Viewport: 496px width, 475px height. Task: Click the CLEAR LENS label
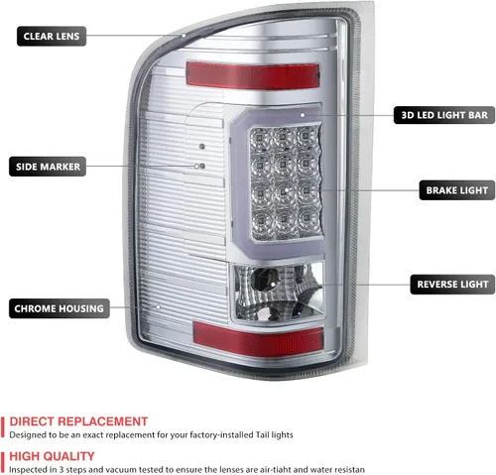click(52, 36)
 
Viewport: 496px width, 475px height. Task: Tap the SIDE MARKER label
click(48, 167)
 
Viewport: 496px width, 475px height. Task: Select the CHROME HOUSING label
click(60, 308)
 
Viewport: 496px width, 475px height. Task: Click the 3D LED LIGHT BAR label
click(444, 115)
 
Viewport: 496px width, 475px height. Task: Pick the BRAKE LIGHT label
click(457, 190)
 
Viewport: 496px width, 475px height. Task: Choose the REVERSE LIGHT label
click(452, 285)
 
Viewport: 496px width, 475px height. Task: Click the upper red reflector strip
click(253, 75)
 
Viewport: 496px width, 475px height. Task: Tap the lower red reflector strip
click(258, 339)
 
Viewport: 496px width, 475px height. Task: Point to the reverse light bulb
click(265, 281)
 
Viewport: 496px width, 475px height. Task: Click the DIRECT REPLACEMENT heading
click(78, 421)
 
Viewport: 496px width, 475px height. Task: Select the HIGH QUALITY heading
click(52, 456)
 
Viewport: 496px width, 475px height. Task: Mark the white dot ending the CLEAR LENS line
click(184, 36)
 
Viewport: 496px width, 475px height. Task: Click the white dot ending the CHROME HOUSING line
click(159, 307)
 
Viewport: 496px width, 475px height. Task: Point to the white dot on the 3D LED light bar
click(303, 115)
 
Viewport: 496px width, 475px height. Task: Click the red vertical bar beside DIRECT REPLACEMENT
click(3, 426)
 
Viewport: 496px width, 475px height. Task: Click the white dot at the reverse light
click(273, 284)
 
